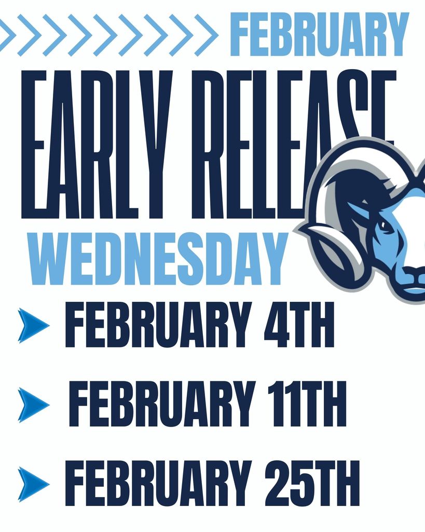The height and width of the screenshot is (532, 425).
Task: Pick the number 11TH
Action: tap(307, 404)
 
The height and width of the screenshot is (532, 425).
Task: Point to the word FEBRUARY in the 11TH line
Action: tap(161, 404)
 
